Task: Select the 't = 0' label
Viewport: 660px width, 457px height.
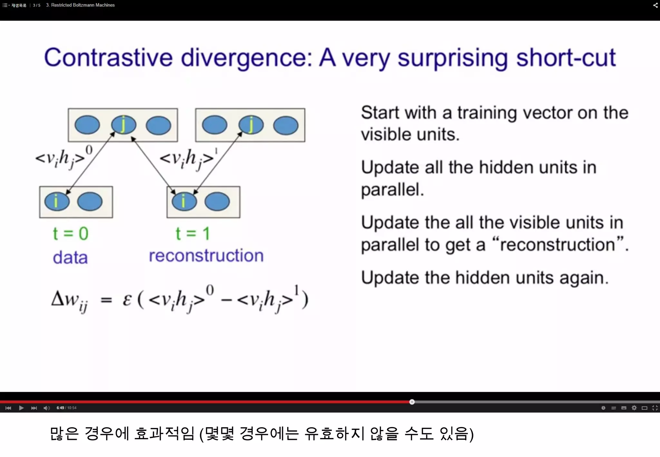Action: pyautogui.click(x=70, y=233)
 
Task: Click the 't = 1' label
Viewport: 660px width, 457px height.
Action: pyautogui.click(x=192, y=233)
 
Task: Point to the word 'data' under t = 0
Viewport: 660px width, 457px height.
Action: pyautogui.click(x=70, y=258)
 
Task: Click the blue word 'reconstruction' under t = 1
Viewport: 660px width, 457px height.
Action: pyautogui.click(x=206, y=256)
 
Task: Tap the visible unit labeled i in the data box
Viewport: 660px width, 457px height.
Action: pyautogui.click(x=57, y=201)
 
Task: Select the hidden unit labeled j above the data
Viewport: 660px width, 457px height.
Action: pyautogui.click(x=123, y=125)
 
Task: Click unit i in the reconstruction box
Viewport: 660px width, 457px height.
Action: pyautogui.click(x=184, y=201)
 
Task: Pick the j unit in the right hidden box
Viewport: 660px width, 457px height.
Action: pyautogui.click(x=251, y=125)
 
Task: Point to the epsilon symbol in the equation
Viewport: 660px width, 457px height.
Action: pyautogui.click(x=127, y=300)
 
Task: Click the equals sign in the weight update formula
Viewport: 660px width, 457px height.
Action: pyautogui.click(x=106, y=300)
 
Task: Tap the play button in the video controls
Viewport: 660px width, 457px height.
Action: pyautogui.click(x=21, y=408)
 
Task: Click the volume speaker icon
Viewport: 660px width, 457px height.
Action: pyautogui.click(x=46, y=408)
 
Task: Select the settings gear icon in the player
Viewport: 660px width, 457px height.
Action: pyautogui.click(x=634, y=408)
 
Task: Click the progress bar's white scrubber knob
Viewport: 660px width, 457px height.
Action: pyautogui.click(x=412, y=402)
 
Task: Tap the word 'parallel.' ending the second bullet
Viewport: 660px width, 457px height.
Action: pyautogui.click(x=392, y=190)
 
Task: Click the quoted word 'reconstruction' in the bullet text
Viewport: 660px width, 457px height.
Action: pyautogui.click(x=558, y=244)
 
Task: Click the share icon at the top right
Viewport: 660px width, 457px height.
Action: pyautogui.click(x=655, y=5)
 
